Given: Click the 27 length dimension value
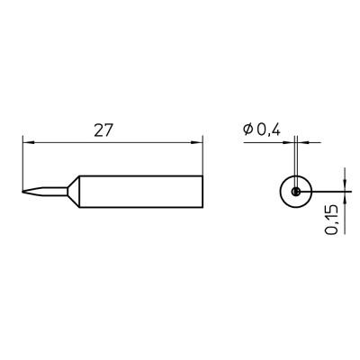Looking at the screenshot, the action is point(103,130).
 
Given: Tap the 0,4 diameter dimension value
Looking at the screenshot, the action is point(268,130).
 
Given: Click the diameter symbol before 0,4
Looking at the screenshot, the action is point(248,130).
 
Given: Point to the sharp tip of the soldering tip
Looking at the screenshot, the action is point(22,192).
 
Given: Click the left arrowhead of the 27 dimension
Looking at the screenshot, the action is point(29,142).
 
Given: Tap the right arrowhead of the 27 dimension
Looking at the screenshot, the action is point(197,142).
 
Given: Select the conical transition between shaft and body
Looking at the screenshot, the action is point(74,191).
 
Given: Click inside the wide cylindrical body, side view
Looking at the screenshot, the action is point(141,191).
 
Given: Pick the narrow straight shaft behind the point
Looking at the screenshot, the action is point(56,191).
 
